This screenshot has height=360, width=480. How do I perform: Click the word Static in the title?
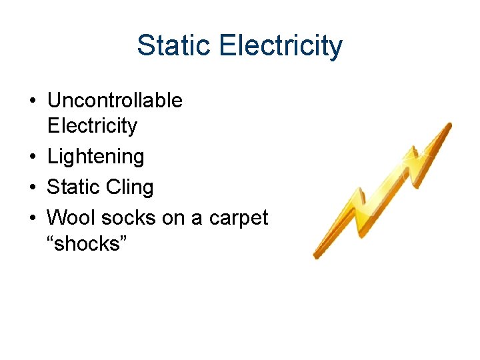pos(174,46)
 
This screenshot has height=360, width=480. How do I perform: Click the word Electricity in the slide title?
pos(280,46)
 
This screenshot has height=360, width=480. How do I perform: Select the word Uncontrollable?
pos(115,101)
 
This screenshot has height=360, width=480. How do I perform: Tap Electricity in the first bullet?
pos(92,126)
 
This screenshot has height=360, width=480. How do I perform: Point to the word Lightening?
pos(95,157)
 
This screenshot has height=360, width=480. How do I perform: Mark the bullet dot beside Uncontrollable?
pos(33,101)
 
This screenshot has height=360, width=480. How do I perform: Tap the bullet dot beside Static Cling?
pos(33,188)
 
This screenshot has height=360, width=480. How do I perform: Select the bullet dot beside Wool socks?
pos(33,218)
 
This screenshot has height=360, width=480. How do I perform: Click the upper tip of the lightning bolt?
pos(449,125)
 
